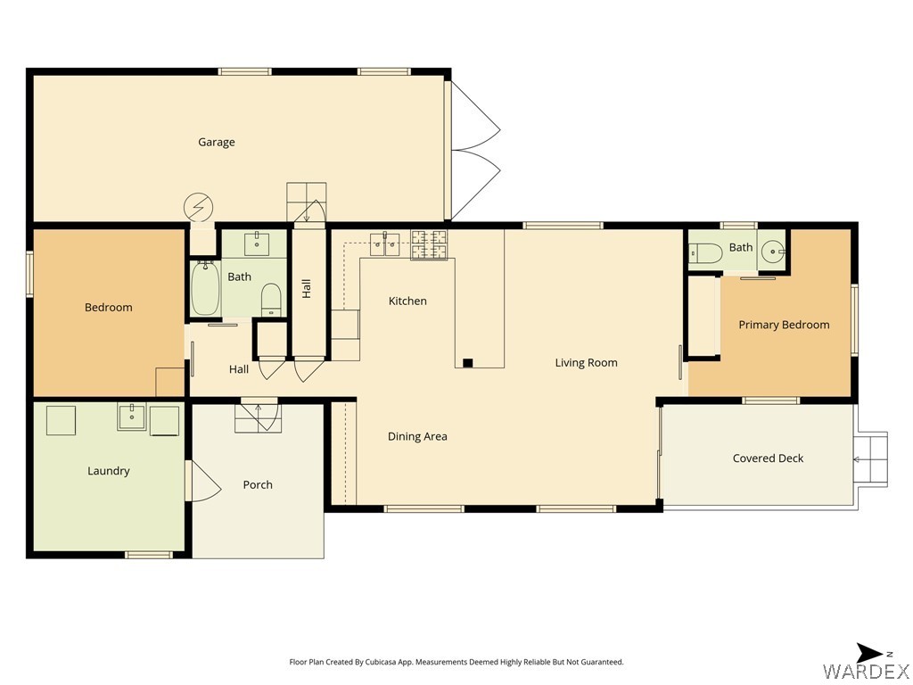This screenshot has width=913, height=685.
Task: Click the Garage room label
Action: (x=216, y=142)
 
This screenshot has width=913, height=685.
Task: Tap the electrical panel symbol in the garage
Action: (x=198, y=208)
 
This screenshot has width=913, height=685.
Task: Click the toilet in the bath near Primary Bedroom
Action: (x=705, y=253)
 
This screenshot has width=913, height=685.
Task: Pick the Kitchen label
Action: (x=407, y=301)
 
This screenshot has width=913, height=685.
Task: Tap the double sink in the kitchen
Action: (x=385, y=243)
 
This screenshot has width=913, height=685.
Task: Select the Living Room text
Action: (x=586, y=362)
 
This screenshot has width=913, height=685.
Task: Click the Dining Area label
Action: (x=417, y=436)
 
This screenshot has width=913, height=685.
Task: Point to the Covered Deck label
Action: (x=768, y=458)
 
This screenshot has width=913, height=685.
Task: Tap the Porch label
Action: (x=258, y=484)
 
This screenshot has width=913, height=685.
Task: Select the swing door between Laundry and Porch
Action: (x=203, y=482)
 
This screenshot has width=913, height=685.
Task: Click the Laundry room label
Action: (x=109, y=471)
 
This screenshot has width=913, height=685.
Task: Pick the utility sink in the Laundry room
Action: (x=131, y=417)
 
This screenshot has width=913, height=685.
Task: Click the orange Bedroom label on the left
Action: (x=109, y=308)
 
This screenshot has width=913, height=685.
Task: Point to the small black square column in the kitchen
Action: (x=467, y=363)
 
